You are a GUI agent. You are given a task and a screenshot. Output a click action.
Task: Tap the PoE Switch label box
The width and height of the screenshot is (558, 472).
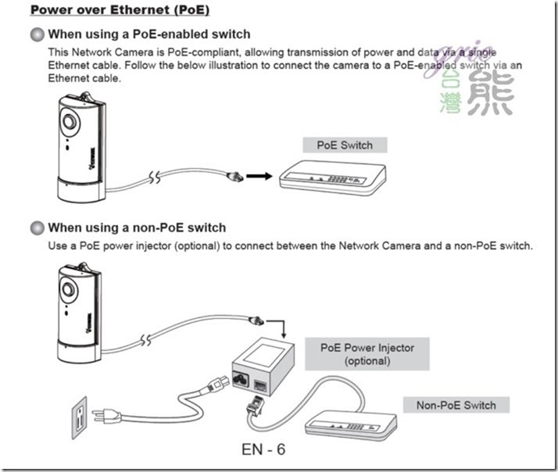[344, 145]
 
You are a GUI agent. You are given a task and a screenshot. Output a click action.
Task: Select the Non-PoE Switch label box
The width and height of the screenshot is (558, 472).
[456, 405]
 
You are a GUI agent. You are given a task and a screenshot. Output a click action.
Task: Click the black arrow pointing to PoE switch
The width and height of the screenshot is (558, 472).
[256, 176]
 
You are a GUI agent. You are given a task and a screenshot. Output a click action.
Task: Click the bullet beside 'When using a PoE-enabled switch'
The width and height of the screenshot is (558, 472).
[37, 34]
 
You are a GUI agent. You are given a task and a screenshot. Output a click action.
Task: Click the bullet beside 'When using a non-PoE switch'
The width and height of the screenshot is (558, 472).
[37, 228]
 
